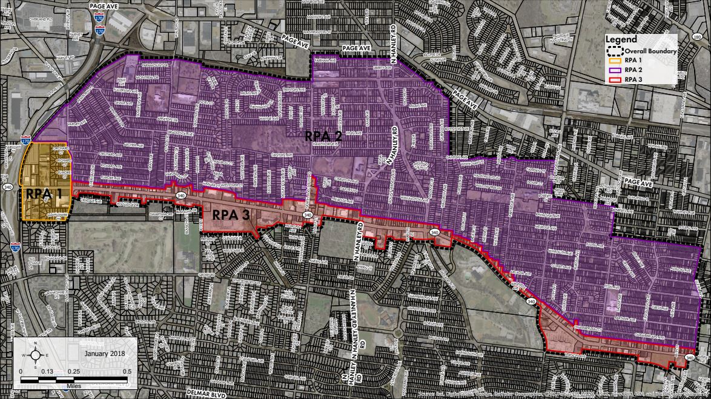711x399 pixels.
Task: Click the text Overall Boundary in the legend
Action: pyautogui.click(x=650, y=51)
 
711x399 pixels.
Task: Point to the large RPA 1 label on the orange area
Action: pyautogui.click(x=44, y=194)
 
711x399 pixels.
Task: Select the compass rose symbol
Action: pyautogui.click(x=36, y=355)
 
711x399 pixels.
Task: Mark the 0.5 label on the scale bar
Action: pyautogui.click(x=127, y=371)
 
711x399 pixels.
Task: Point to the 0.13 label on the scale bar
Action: pyautogui.click(x=47, y=371)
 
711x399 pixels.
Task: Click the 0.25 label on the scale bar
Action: pyautogui.click(x=74, y=371)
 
